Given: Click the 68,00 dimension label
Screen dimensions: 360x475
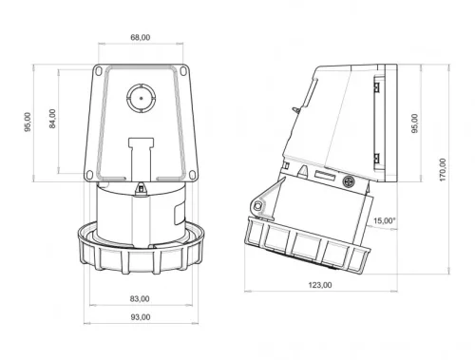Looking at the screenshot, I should tap(141, 38).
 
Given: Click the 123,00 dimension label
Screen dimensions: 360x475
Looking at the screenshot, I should tap(321, 284).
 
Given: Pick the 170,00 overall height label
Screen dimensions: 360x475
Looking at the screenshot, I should tap(444, 174).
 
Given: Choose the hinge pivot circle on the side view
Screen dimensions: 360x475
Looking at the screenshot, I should tap(257, 207).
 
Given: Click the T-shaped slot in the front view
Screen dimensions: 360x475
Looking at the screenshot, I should tap(140, 152).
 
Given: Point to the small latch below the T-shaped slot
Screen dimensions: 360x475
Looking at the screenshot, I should tap(140, 188).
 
